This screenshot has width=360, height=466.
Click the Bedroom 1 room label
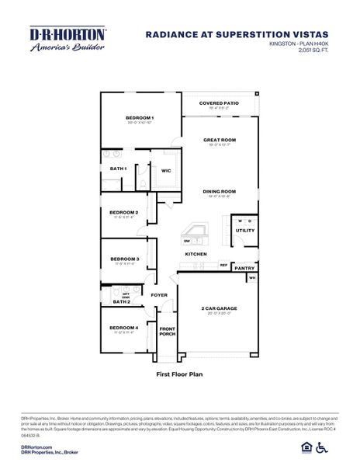[x=140, y=117]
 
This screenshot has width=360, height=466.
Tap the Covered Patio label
[x=219, y=102]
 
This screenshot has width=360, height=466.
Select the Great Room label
[x=220, y=140]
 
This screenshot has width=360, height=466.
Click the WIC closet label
[x=166, y=171]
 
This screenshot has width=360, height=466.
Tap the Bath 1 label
[x=118, y=169]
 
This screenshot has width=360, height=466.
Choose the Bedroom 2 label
[x=123, y=212]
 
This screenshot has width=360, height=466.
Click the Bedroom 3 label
[x=124, y=259]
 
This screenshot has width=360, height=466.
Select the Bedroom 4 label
[x=123, y=328]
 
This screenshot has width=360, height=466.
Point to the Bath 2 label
[x=121, y=301]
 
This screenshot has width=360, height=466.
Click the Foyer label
[x=159, y=295]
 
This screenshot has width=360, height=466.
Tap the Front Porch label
[x=167, y=332]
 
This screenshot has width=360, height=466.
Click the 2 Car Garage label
[x=219, y=308]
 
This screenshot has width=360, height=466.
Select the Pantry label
[x=244, y=268]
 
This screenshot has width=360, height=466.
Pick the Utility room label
[x=244, y=230]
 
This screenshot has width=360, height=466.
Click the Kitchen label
[x=195, y=254]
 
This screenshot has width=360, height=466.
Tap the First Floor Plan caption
[x=179, y=374]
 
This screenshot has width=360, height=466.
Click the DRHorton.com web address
[x=36, y=448]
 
